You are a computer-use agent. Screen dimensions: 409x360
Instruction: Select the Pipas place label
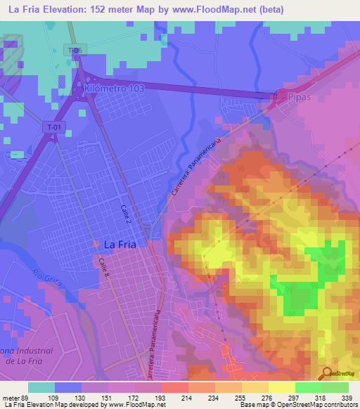pos(299,93)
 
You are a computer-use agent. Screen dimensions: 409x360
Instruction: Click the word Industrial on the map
pos(32,350)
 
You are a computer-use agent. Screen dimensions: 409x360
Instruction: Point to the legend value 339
pos(347,398)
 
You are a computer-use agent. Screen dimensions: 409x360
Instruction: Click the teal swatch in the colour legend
pos(41,387)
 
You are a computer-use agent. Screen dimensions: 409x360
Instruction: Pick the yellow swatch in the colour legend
pos(282,387)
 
